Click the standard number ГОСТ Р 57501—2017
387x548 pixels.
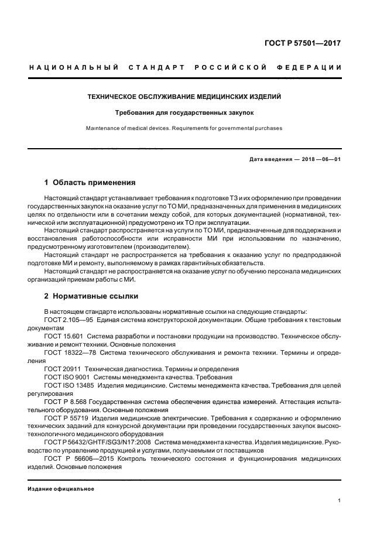pos(311,43)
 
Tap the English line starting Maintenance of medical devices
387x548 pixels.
pos(184,128)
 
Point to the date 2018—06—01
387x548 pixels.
pos(318,159)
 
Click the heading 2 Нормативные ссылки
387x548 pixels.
pos(91,296)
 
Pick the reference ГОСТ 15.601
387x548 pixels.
pos(63,337)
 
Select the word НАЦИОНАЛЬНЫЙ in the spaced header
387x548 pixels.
pos(74,67)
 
